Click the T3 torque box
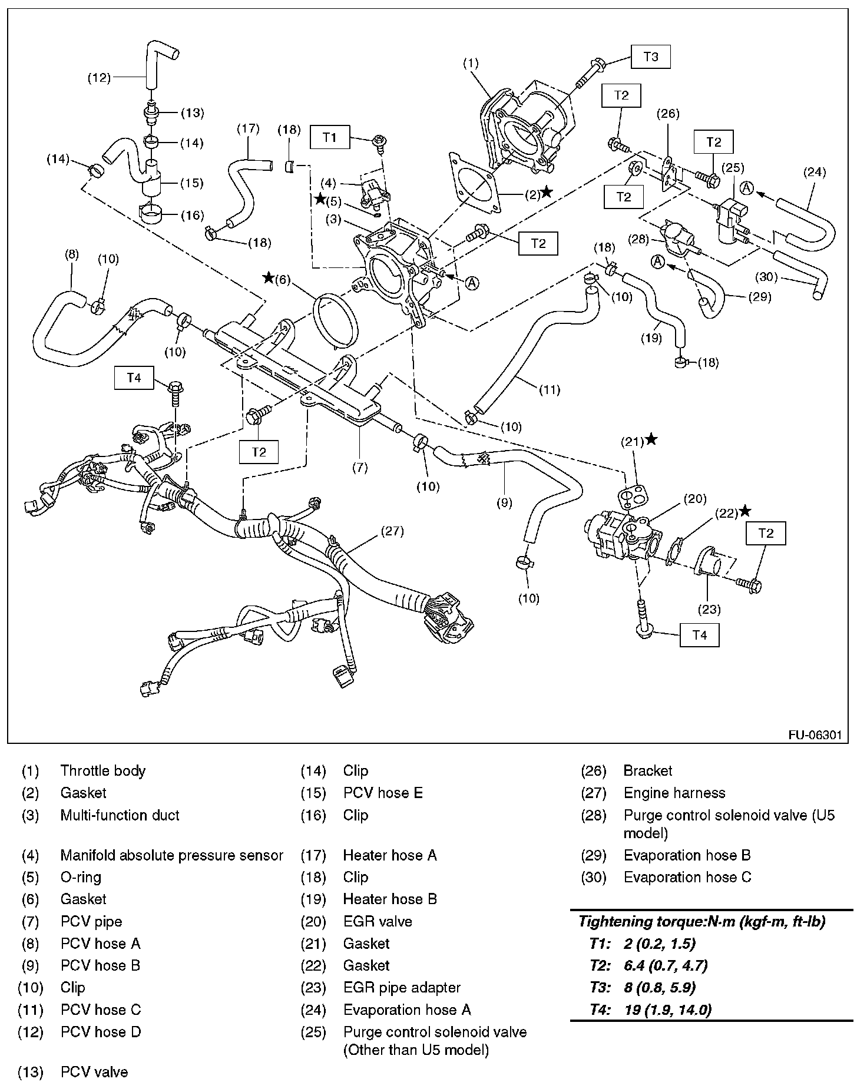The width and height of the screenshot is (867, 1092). tap(651, 57)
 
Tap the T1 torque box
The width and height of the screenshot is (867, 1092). tap(330, 138)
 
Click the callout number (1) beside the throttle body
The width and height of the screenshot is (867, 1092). tap(471, 63)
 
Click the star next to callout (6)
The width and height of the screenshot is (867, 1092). tap(269, 277)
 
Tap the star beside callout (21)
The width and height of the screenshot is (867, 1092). tap(651, 439)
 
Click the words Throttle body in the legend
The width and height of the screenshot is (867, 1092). tap(102, 770)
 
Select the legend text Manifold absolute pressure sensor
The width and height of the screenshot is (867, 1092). tap(171, 855)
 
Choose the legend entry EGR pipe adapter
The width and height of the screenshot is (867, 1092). tap(402, 987)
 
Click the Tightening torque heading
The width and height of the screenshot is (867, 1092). tap(701, 921)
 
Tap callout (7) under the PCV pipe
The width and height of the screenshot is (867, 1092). tap(360, 468)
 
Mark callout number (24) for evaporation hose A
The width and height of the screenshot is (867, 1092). tap(815, 172)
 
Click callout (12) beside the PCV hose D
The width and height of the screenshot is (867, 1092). tap(99, 77)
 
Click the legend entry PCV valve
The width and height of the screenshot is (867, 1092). tap(94, 1072)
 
